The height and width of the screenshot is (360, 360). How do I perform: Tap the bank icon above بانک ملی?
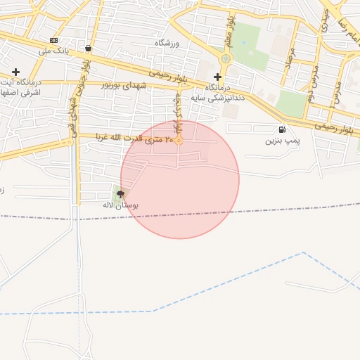click(54, 40)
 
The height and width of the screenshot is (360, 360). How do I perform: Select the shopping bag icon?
click(88, 49)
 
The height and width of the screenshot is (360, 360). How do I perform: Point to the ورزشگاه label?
click(167, 44)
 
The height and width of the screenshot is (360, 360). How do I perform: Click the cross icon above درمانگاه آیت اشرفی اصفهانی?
click(15, 72)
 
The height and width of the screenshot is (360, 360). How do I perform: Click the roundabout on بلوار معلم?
click(226, 58)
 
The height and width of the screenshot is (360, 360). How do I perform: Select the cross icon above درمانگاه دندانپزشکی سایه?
click(218, 77)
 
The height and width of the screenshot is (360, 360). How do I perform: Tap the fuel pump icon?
click(282, 129)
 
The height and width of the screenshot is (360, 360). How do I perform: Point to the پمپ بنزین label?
click(282, 141)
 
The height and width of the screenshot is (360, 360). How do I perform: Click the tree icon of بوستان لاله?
click(120, 194)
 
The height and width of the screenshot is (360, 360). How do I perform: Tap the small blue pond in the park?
click(243, 42)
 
